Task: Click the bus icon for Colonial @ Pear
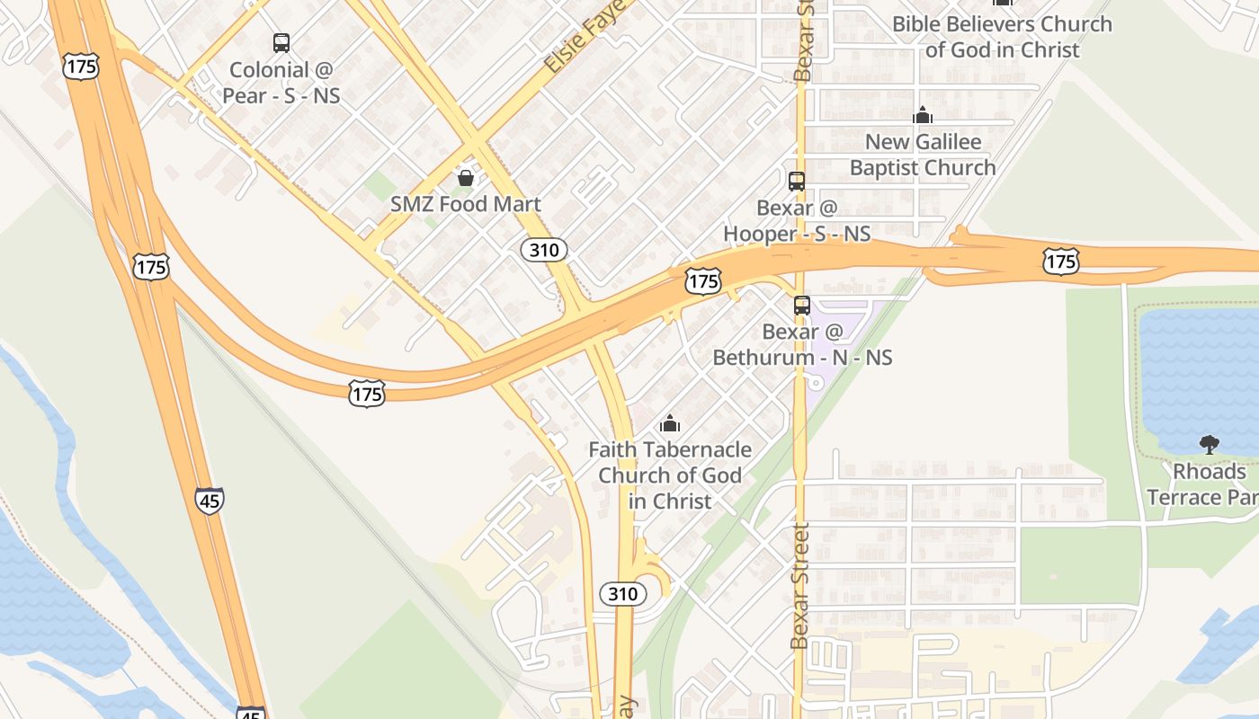tap(281, 42)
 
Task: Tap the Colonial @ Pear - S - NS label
tap(284, 82)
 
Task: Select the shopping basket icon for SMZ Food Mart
tap(466, 178)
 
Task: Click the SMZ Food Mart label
tap(466, 204)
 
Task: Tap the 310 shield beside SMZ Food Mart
tap(544, 250)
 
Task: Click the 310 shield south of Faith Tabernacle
tap(622, 593)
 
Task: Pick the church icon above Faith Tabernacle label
tap(670, 422)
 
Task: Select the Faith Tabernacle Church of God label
tap(670, 475)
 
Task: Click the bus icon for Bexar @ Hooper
tap(797, 182)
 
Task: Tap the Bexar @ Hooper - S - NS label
tap(797, 221)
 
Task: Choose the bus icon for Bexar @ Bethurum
tap(802, 306)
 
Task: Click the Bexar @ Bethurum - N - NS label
tap(802, 344)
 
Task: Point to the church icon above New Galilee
tap(923, 115)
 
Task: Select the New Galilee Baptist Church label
tap(923, 155)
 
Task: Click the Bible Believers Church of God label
tap(1002, 37)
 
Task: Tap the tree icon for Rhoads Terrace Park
tap(1210, 444)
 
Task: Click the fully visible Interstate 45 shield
tap(210, 501)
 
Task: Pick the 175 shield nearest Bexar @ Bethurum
tap(702, 281)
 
